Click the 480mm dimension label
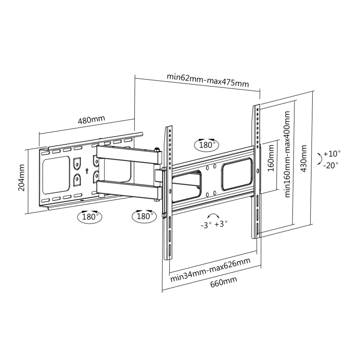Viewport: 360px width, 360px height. point(92,120)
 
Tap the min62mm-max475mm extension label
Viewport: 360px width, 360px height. point(208,80)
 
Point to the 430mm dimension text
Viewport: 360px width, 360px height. point(304,158)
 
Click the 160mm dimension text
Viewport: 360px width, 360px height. point(271,166)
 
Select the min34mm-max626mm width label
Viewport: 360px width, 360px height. point(210,269)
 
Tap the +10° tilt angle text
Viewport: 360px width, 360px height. point(331,153)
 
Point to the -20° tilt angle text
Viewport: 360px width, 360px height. point(331,165)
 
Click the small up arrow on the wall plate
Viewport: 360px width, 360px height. point(87,170)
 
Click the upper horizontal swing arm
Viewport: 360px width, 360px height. point(129,153)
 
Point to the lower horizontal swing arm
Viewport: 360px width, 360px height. point(129,188)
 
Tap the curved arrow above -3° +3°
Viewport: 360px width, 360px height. point(214,216)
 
